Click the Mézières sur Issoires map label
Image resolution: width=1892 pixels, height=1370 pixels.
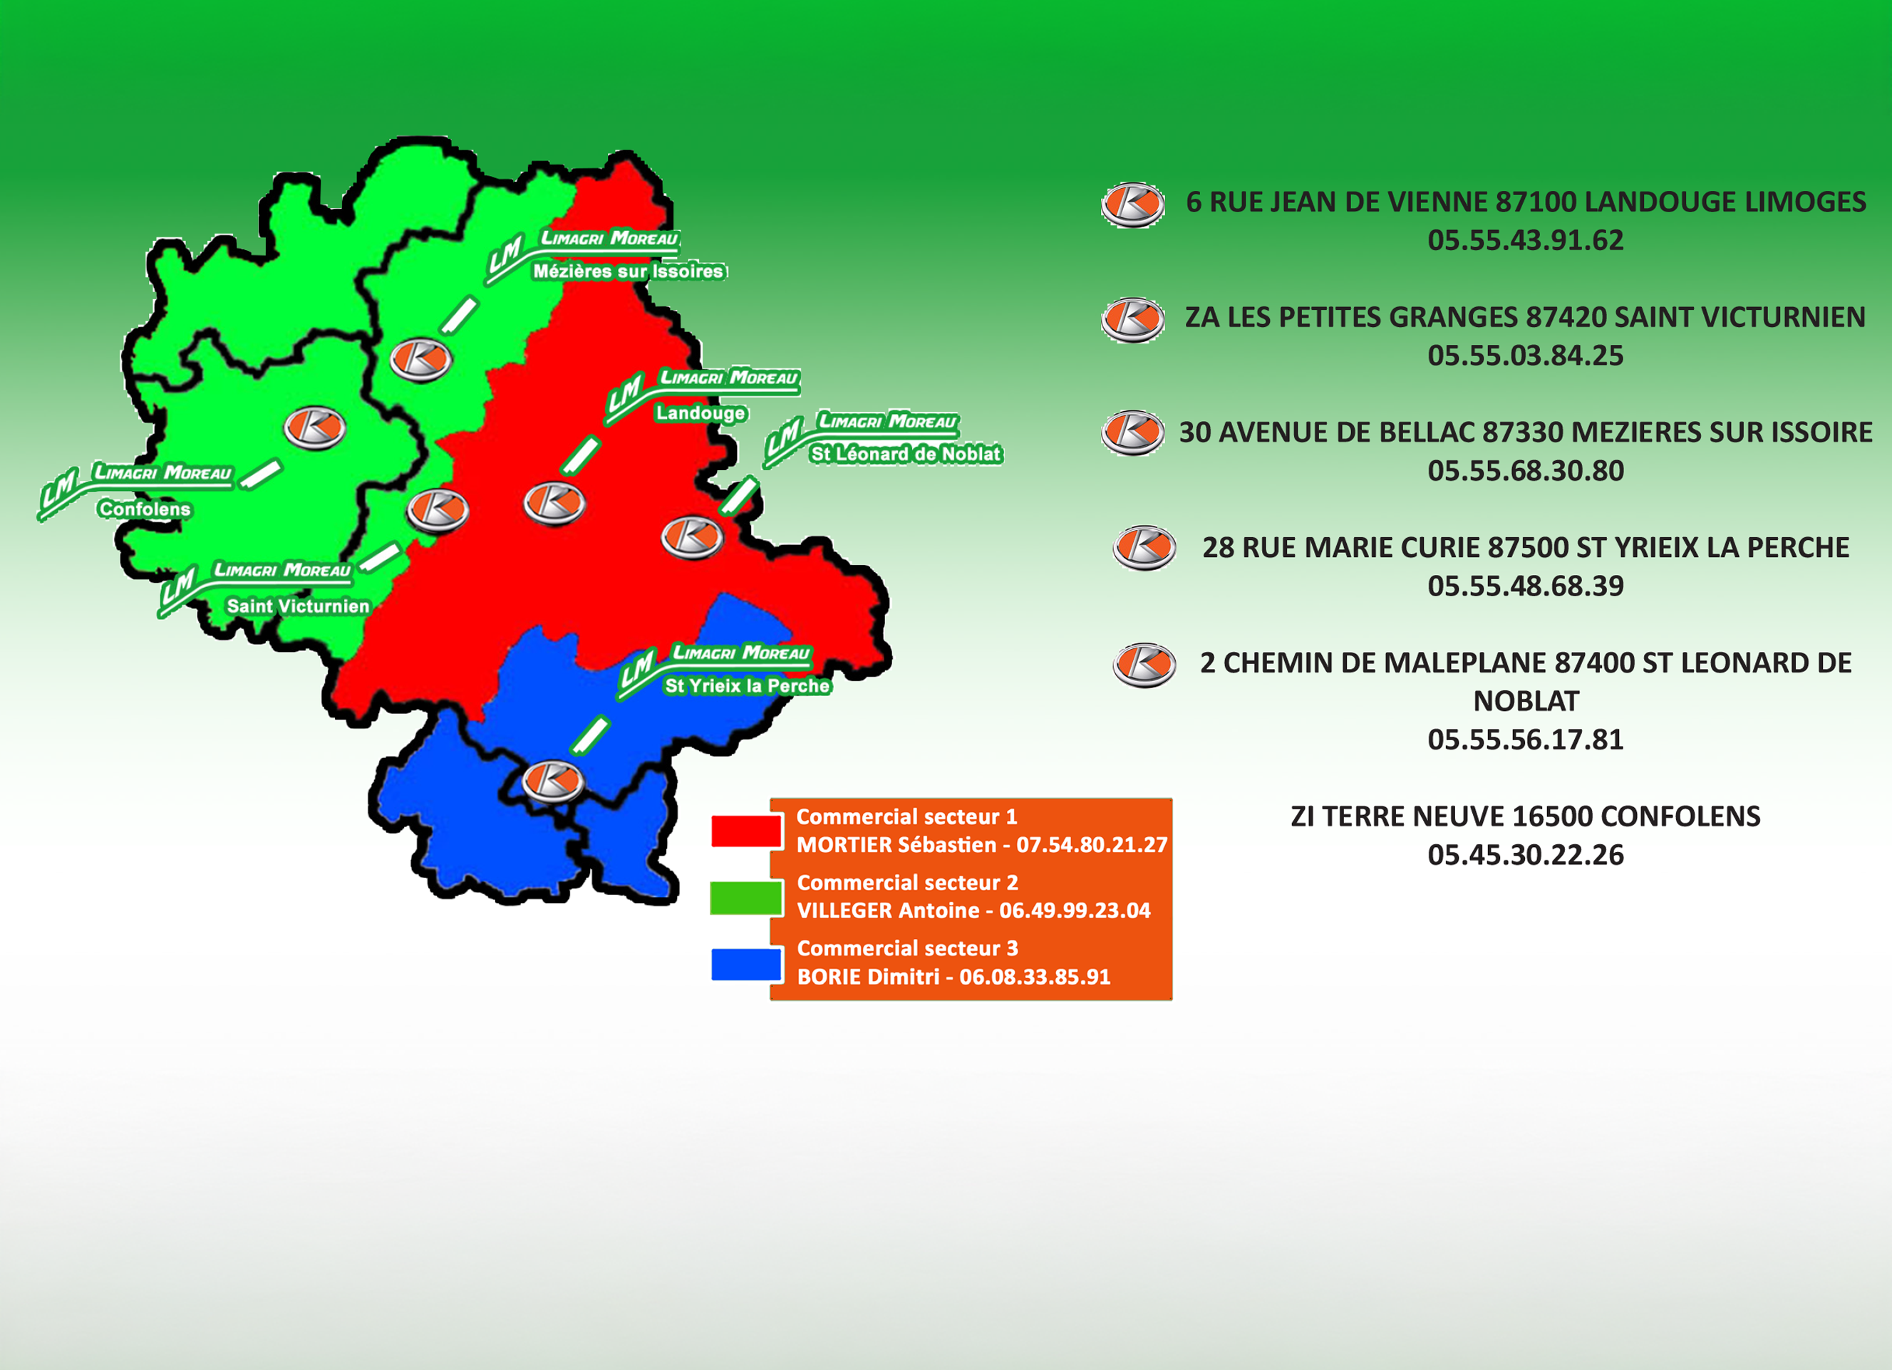coord(628,271)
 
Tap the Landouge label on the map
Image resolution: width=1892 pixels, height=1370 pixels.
coord(700,412)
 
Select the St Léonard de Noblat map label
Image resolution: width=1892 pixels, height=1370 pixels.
coord(905,454)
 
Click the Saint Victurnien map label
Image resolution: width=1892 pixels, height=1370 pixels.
coord(298,606)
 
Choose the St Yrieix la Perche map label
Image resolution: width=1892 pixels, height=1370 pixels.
coord(747,685)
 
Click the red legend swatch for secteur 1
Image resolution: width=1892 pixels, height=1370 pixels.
coord(746,831)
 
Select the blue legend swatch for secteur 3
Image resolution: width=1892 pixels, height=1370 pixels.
coord(746,964)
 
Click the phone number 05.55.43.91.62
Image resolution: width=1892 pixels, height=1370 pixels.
coord(1525,240)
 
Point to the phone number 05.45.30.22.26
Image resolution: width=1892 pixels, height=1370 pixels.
coord(1525,855)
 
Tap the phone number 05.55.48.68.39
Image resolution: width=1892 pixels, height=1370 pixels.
coord(1525,586)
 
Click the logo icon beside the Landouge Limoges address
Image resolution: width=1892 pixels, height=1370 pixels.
coord(1132,204)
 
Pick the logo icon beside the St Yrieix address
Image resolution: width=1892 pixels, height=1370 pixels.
coord(1144,548)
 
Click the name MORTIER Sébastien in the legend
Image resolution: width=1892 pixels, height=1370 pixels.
coord(896,845)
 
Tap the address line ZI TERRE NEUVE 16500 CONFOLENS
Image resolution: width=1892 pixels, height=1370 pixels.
coord(1525,816)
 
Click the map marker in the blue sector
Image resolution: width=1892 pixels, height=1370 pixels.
coord(552,782)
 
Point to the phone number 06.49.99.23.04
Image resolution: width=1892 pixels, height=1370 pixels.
coord(1075,910)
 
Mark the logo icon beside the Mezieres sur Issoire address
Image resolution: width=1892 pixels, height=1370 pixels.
coord(1132,432)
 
